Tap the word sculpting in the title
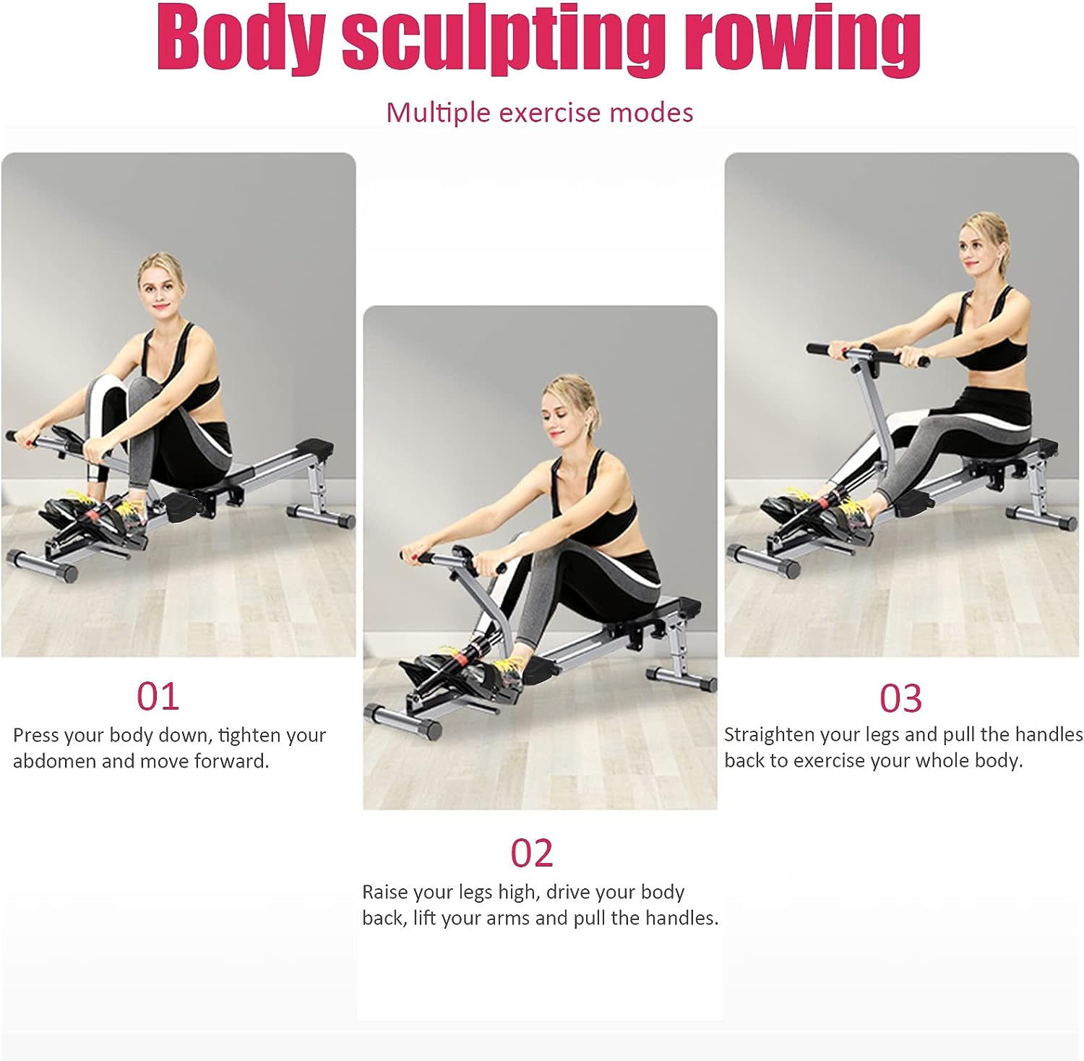pos(503,40)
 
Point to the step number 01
pos(158,696)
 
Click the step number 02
pos(531,853)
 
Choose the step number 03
pos(900,698)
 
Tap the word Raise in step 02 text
pos(384,892)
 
